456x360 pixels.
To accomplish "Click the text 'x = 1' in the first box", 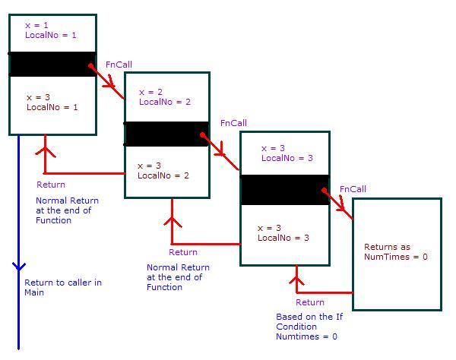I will (36, 25).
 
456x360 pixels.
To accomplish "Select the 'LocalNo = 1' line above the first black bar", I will (50, 35).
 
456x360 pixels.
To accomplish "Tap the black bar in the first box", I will (52, 64).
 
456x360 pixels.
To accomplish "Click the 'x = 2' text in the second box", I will (150, 92).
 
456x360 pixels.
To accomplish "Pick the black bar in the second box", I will (166, 134).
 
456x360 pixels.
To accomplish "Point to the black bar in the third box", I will (284, 190).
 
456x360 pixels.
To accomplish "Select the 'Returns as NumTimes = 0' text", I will (396, 251).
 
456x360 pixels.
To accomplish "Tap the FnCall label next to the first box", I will (119, 65).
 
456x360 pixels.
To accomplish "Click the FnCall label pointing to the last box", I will (353, 189).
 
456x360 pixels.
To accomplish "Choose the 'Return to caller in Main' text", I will (62, 287).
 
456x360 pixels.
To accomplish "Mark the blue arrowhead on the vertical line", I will (19, 267).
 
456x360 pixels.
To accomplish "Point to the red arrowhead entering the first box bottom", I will (46, 142).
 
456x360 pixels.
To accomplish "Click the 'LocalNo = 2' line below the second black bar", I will (163, 175).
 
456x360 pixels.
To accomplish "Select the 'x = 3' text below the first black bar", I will (38, 97).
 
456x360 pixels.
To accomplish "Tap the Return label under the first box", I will (51, 185).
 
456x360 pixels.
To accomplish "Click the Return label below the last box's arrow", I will (310, 302).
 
